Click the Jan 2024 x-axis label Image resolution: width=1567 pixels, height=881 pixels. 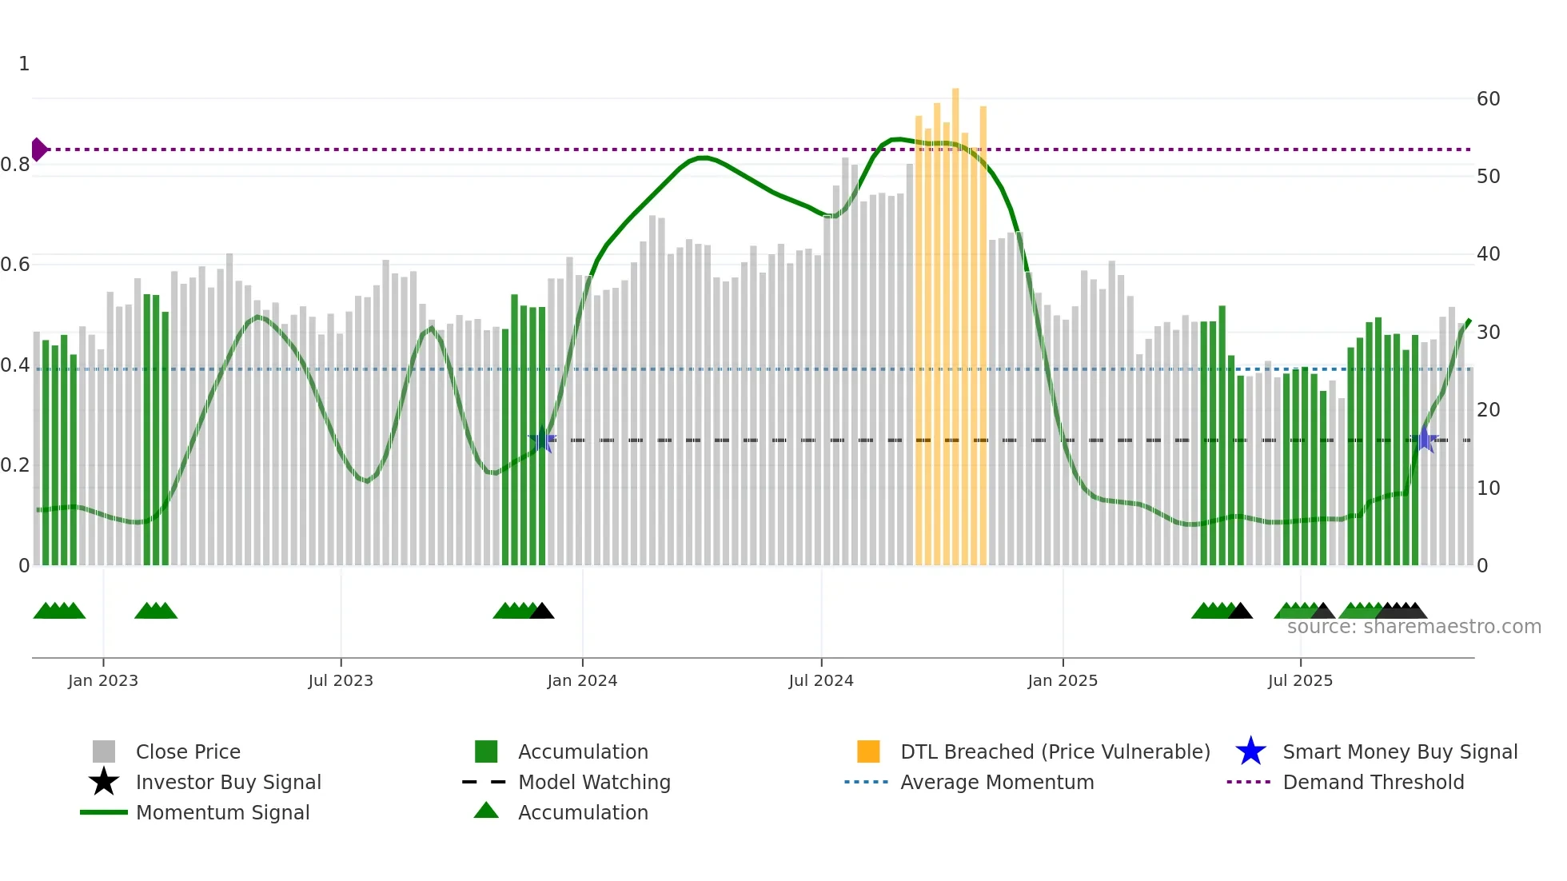[x=582, y=680]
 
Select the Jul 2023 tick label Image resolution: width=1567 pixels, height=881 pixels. [x=341, y=680]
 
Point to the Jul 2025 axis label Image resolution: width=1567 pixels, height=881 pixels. [x=1300, y=680]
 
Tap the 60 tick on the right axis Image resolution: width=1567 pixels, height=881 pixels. [x=1488, y=99]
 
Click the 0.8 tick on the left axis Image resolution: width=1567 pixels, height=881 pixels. [x=15, y=165]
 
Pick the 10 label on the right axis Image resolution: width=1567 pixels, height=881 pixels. [x=1488, y=488]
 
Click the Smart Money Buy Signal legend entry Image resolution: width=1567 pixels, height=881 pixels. [x=1399, y=751]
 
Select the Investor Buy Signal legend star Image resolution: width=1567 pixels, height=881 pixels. [x=104, y=782]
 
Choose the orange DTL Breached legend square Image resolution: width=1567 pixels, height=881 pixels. [x=868, y=751]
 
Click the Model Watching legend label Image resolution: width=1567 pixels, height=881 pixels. [x=594, y=782]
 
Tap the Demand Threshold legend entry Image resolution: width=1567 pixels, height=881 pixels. [x=1373, y=782]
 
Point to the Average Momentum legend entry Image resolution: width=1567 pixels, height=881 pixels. [x=996, y=782]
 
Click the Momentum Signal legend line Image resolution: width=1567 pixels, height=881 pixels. [x=104, y=812]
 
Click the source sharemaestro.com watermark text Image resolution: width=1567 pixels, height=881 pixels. [x=1413, y=627]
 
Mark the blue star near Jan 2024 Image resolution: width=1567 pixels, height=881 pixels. [x=543, y=439]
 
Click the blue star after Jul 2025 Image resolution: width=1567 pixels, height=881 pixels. [x=1425, y=439]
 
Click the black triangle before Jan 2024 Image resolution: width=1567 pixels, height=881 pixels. [x=542, y=612]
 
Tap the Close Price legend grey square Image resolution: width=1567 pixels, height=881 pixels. [x=104, y=751]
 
